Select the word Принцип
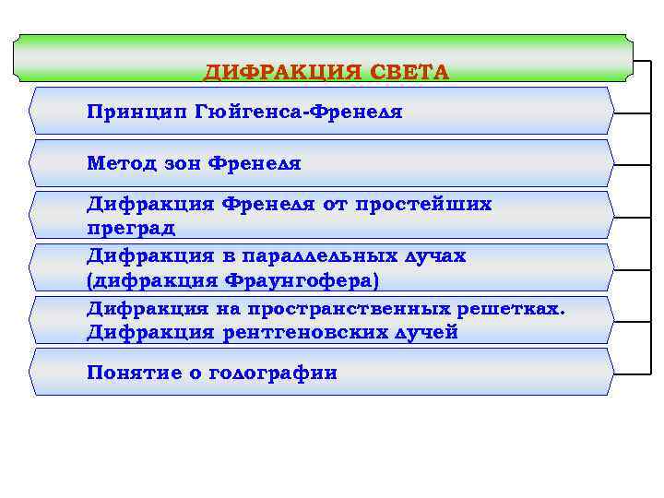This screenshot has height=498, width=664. [136, 112]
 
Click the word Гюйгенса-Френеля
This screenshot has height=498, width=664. [299, 112]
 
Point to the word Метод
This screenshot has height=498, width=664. [118, 164]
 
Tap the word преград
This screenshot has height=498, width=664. [131, 226]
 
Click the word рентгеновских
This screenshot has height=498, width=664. [296, 332]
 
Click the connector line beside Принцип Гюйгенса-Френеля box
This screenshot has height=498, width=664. [633, 113]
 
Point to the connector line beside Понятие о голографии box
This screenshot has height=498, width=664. [633, 373]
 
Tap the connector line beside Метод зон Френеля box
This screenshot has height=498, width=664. [633, 165]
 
